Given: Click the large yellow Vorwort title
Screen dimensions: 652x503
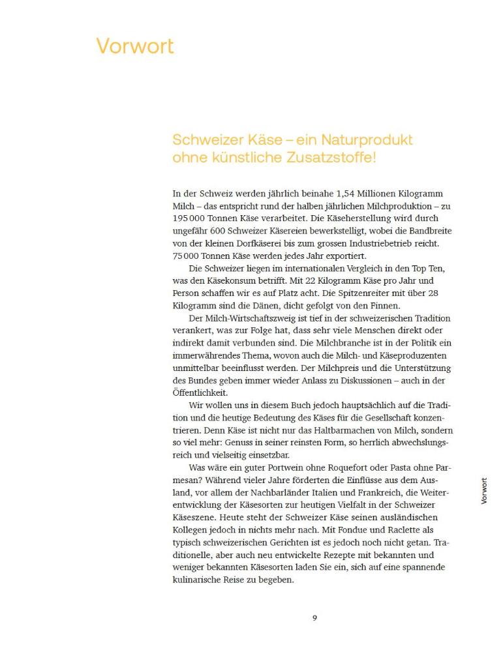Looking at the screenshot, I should [x=135, y=46].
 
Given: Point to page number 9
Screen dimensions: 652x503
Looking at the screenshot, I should [x=314, y=617].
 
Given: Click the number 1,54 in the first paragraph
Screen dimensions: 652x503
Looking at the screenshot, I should [x=347, y=194].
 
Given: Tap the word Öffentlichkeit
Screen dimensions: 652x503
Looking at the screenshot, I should [x=200, y=393].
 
